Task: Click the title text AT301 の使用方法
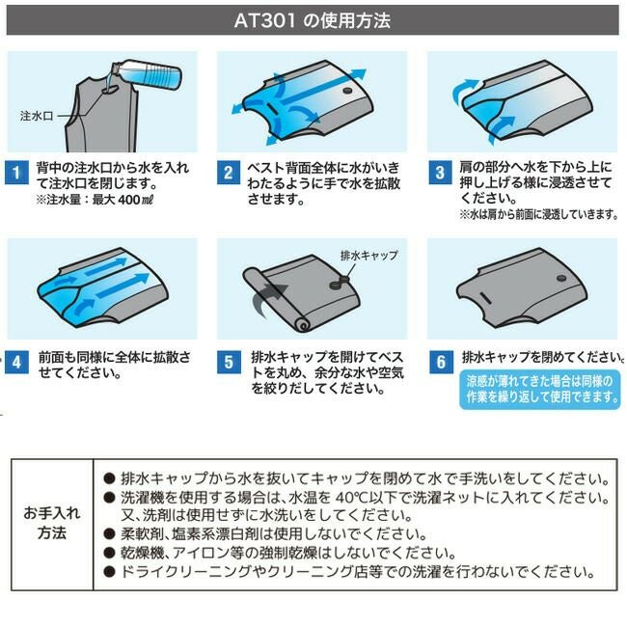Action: pyautogui.click(x=313, y=19)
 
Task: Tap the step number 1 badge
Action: pyautogui.click(x=17, y=174)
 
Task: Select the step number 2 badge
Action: pyautogui.click(x=229, y=174)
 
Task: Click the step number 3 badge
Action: pyautogui.click(x=440, y=174)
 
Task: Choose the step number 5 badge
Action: pyautogui.click(x=229, y=363)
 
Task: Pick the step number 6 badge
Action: pyautogui.click(x=440, y=363)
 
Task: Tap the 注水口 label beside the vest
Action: pyautogui.click(x=37, y=115)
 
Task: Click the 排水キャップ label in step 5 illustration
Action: pyautogui.click(x=370, y=256)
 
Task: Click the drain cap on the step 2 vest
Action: pyautogui.click(x=348, y=92)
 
